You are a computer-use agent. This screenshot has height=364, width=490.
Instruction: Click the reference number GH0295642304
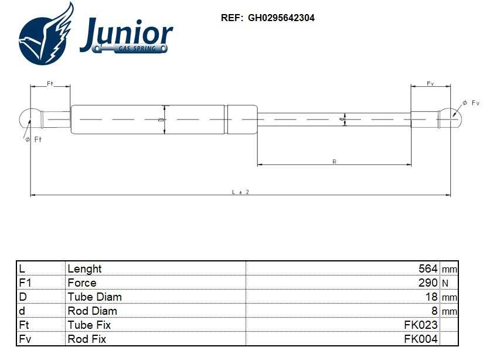281,18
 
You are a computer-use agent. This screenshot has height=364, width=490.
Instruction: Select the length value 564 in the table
428,268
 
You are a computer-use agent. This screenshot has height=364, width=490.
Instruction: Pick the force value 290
428,283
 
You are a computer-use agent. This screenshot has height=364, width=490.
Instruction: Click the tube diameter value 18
431,297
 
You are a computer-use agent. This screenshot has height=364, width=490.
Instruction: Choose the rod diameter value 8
434,311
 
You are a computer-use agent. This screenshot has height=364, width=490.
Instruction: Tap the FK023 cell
421,325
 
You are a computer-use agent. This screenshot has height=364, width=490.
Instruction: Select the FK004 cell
421,339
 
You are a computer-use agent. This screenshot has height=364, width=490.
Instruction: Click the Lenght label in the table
85,268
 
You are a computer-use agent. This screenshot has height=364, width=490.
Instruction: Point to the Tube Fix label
89,325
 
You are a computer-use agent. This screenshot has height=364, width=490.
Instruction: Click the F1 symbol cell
25,283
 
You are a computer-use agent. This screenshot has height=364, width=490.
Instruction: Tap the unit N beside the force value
445,283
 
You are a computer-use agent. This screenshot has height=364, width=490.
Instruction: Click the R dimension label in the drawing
334,161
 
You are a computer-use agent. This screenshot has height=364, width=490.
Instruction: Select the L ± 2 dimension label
240,192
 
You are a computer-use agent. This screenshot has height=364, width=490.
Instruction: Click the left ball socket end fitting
29,119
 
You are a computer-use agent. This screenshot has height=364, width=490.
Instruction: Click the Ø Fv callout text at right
472,103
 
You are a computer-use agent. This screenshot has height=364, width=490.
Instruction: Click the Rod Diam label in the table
93,311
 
